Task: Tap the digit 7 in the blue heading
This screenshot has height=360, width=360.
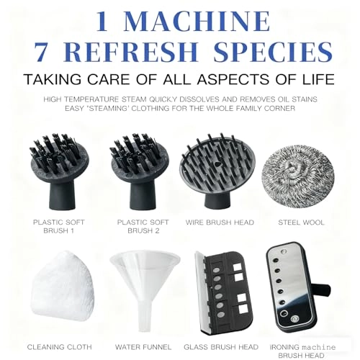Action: [41, 52]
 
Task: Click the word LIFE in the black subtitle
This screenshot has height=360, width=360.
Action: [318, 79]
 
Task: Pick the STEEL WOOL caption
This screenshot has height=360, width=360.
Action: [301, 222]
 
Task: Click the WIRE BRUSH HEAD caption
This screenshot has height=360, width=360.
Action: [220, 222]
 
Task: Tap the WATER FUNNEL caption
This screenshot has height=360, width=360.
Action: [143, 347]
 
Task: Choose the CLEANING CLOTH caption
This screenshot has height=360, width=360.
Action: [59, 347]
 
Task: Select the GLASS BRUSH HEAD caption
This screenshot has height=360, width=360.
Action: [221, 347]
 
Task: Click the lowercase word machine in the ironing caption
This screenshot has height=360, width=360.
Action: [318, 347]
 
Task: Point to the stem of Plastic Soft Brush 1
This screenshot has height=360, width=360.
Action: [59, 194]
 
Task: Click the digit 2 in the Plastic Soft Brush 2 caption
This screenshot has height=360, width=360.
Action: [156, 231]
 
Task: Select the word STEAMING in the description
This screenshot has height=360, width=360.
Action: [107, 109]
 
